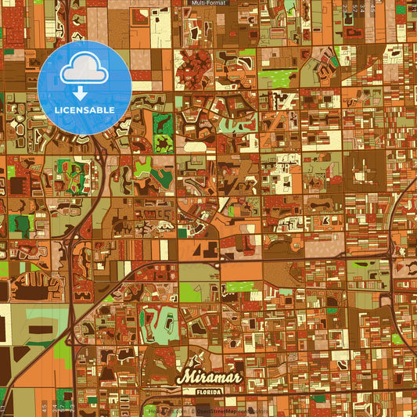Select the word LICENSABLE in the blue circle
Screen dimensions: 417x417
[x=84, y=110]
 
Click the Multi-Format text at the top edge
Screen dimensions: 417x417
[x=208, y=3]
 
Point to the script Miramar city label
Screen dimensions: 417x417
[x=206, y=375]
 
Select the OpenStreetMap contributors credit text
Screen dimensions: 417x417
[x=231, y=412]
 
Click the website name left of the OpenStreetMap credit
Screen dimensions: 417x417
[x=167, y=412]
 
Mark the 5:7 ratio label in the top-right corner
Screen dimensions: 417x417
[x=364, y=9]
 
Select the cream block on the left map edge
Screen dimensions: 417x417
[x=5, y=321]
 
